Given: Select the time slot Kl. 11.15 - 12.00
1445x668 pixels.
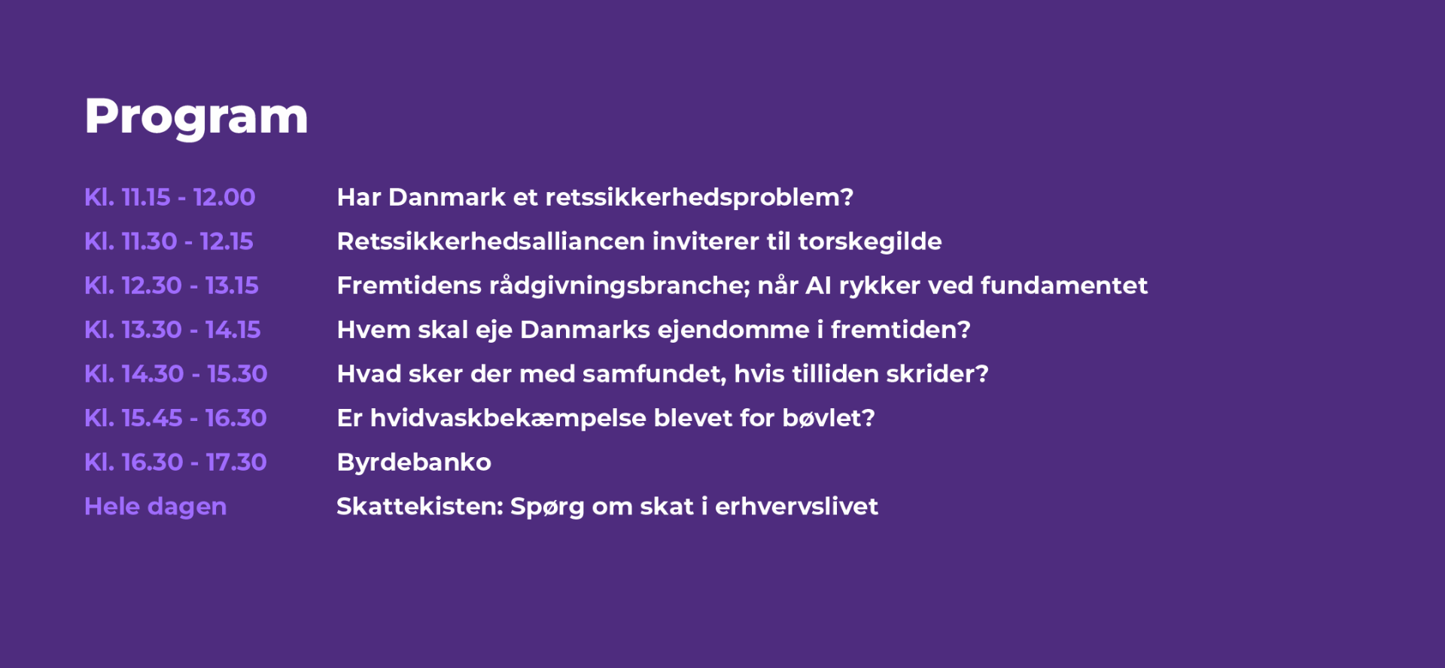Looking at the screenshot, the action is [x=170, y=197].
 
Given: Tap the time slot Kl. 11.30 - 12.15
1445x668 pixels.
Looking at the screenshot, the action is [x=169, y=242].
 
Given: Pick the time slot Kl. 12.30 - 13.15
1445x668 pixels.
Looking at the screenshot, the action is [x=172, y=285].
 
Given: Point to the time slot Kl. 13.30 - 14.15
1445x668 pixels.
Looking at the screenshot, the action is [x=173, y=330].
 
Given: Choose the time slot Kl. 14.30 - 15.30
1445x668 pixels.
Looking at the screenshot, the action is [x=176, y=374].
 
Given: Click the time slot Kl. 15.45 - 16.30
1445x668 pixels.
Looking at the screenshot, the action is [x=176, y=418].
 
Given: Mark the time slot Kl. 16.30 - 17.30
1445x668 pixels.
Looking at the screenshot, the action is [x=176, y=462].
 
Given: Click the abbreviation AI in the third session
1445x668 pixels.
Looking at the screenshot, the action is [x=818, y=286].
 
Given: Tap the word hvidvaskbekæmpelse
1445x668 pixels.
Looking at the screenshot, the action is [x=508, y=419].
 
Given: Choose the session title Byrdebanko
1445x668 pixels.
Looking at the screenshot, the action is [x=414, y=463].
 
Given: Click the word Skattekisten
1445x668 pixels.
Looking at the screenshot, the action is [x=420, y=507].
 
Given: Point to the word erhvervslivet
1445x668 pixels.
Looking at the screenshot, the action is [x=796, y=507].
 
